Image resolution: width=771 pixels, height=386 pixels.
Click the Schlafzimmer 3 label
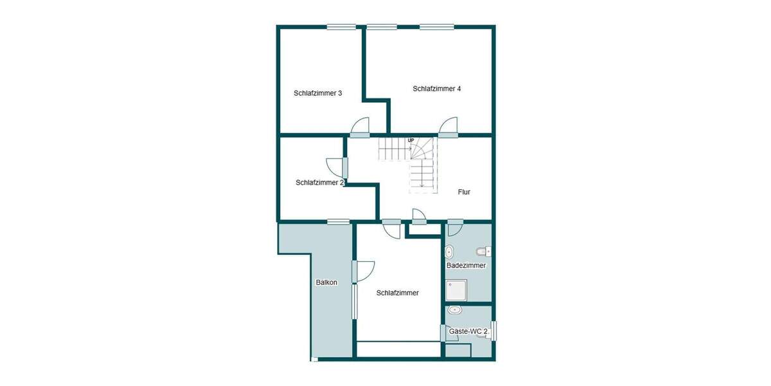[317, 93]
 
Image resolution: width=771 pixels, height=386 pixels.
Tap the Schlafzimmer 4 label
[437, 89]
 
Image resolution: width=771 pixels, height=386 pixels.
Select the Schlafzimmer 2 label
[320, 183]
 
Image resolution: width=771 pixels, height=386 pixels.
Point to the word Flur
[464, 192]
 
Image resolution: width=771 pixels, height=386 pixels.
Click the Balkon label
[326, 282]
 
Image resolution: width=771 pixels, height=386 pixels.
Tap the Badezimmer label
[466, 265]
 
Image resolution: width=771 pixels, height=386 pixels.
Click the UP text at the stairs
[411, 140]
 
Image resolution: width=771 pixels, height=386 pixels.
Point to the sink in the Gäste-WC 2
[456, 310]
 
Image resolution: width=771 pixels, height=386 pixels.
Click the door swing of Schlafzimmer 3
[360, 127]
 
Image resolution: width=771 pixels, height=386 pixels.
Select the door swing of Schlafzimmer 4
[448, 126]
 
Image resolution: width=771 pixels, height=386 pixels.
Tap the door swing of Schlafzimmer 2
[335, 168]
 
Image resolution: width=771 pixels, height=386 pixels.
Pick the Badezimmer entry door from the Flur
[455, 228]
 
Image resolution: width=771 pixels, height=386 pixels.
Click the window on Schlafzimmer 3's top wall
[341, 26]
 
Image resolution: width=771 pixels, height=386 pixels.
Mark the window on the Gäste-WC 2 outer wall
[494, 330]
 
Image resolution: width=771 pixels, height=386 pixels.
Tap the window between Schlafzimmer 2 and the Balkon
[338, 222]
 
